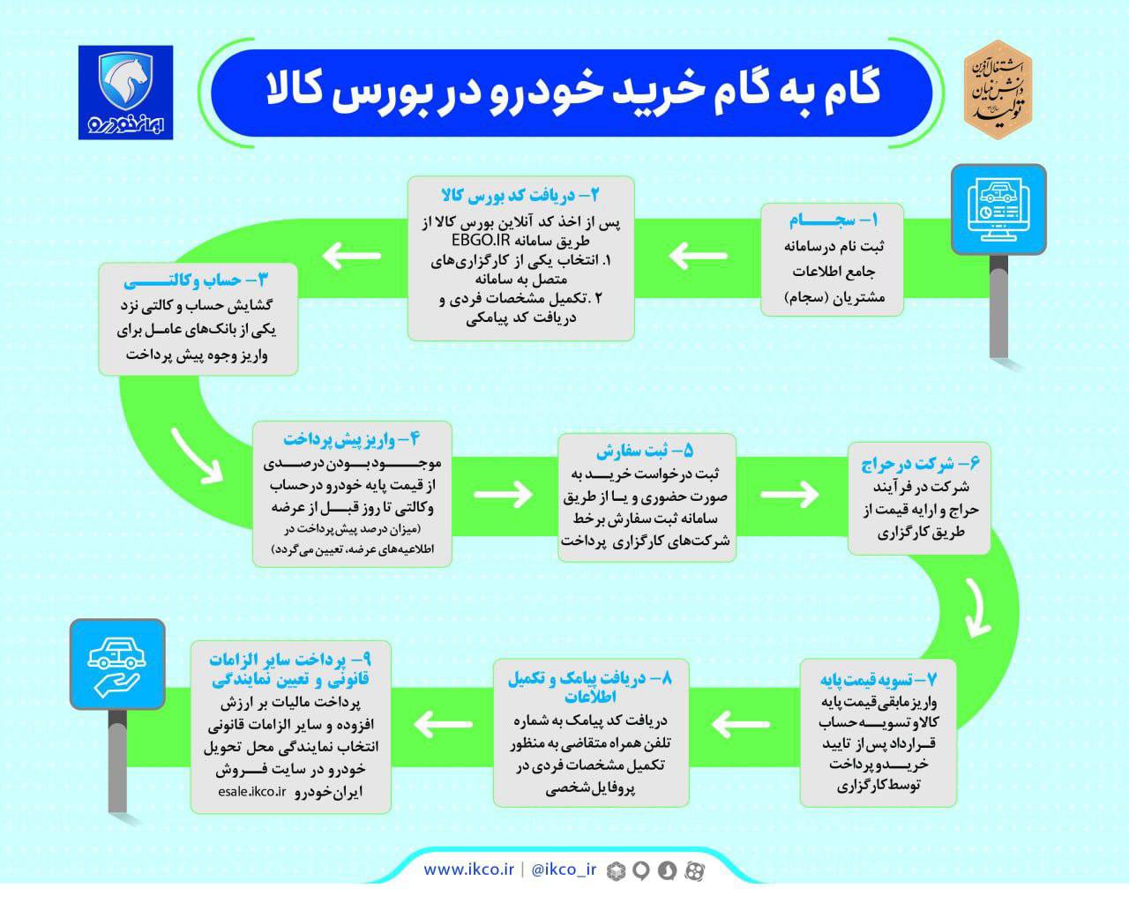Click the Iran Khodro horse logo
[x=125, y=93]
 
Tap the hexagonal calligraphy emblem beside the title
[x=998, y=90]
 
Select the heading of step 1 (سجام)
[x=834, y=220]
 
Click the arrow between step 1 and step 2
[x=699, y=256]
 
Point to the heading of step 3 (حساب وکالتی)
[x=196, y=280]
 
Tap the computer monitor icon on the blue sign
[x=998, y=209]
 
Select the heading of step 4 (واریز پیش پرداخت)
[x=352, y=439]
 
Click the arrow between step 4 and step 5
[x=503, y=494]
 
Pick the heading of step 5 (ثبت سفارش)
[x=645, y=451]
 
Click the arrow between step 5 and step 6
[x=789, y=494]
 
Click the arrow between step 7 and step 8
[x=741, y=724]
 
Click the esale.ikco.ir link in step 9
[x=252, y=792]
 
